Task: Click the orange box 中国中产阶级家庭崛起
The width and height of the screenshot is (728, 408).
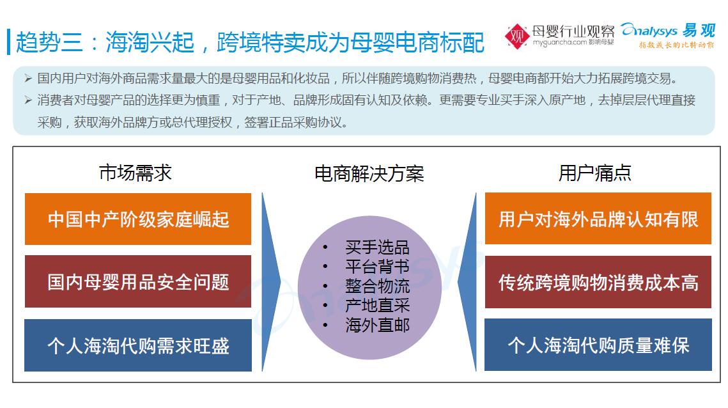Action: (138, 219)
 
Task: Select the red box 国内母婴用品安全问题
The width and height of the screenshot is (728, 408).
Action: (138, 281)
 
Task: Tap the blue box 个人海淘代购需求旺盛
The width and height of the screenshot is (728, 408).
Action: (138, 345)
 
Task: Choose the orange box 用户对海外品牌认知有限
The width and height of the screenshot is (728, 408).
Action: (598, 219)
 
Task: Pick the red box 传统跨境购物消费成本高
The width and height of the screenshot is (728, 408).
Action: (598, 281)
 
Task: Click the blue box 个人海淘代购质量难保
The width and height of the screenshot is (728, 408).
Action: (598, 345)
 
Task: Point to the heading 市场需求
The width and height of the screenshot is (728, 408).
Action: (136, 173)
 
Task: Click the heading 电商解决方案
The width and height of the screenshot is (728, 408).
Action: (369, 174)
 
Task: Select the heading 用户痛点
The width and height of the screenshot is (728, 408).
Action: (595, 173)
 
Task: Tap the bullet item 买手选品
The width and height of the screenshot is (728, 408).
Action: (377, 247)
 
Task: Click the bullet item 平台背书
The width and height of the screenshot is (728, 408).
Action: (377, 267)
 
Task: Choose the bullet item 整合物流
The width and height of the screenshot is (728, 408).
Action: (377, 286)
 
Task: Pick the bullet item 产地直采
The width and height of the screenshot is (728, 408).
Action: (377, 306)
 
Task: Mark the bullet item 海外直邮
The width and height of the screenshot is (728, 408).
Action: (377, 326)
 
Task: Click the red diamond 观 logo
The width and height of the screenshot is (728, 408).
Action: (516, 36)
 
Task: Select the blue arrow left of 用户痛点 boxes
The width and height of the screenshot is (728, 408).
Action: (467, 282)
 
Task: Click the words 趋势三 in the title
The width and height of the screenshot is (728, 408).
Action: (49, 42)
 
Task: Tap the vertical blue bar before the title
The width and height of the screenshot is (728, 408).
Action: (8, 42)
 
